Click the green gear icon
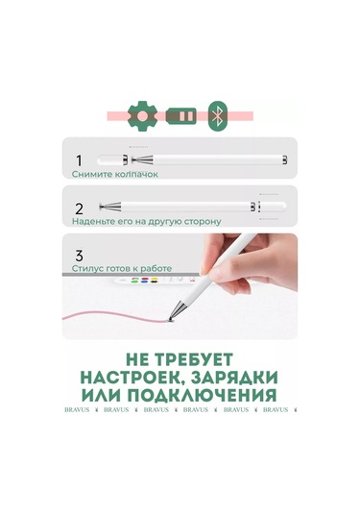pos(142,115)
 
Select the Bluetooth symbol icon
pos(219,115)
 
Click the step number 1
pos(80,159)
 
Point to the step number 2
pos(80,208)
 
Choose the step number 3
pos(80,256)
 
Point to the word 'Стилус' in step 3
pos(86,271)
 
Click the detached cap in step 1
pos(280,158)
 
